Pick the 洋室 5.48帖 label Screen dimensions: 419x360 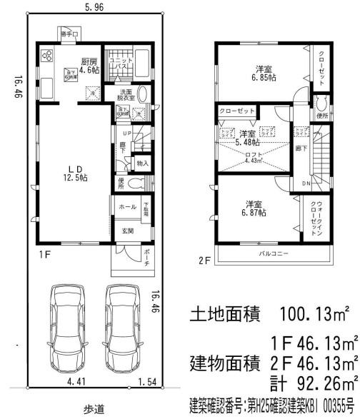(x=248, y=138)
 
